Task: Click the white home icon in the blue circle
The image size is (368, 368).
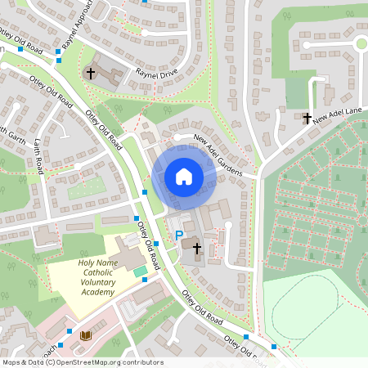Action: (x=184, y=177)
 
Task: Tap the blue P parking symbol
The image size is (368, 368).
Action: (x=179, y=236)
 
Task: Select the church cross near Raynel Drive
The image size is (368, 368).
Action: (x=90, y=74)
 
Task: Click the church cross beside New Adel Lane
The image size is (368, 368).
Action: (x=307, y=119)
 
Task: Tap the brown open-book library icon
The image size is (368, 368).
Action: (x=85, y=335)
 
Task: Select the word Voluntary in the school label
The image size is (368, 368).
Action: (x=98, y=282)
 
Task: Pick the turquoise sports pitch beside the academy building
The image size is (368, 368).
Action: (x=140, y=271)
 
